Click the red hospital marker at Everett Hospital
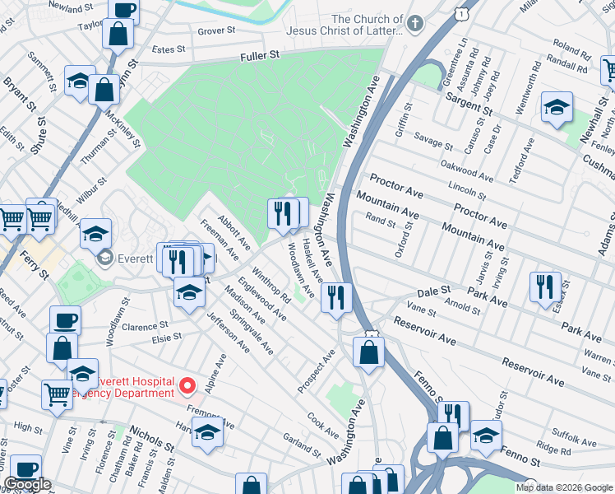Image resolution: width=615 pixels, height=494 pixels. click(x=187, y=385)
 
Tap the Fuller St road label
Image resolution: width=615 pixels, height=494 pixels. click(x=261, y=55)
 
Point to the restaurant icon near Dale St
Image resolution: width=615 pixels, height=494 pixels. click(x=335, y=296)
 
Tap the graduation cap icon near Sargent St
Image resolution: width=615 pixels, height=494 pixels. click(x=557, y=107)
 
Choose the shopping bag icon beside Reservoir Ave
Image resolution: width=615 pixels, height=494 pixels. click(x=368, y=352)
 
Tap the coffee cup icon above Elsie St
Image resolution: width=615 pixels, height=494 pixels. click(x=65, y=319)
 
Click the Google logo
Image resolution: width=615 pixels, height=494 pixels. click(x=27, y=484)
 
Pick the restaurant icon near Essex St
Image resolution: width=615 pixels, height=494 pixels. click(x=545, y=287)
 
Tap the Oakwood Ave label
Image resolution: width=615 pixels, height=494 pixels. click(x=467, y=169)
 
